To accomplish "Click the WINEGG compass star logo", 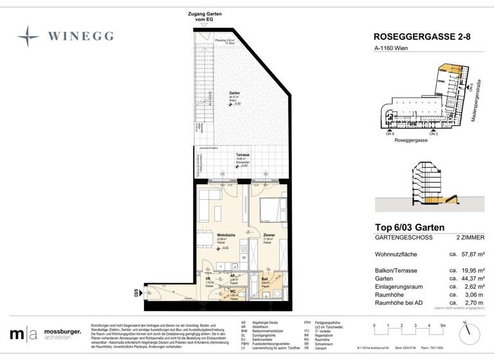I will (x=28, y=36).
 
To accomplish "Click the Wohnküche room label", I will (x=224, y=235).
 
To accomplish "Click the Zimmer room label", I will (x=269, y=235).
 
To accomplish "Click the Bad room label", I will (x=264, y=279).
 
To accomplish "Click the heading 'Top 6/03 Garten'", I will (x=409, y=226).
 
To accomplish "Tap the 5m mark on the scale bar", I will (x=443, y=326).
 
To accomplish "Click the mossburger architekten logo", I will (x=45, y=334).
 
